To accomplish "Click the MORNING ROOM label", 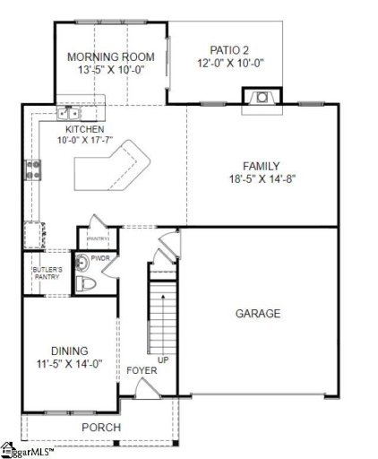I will (111, 57).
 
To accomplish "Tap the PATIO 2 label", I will (230, 51).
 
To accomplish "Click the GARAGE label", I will (258, 314).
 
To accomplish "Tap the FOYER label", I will (141, 370).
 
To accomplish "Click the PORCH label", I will (101, 428).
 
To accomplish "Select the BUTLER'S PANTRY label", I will (46, 273).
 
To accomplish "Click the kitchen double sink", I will (68, 114).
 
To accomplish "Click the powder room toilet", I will (85, 284).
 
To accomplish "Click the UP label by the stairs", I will (163, 359).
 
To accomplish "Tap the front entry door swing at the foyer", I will (144, 388).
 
